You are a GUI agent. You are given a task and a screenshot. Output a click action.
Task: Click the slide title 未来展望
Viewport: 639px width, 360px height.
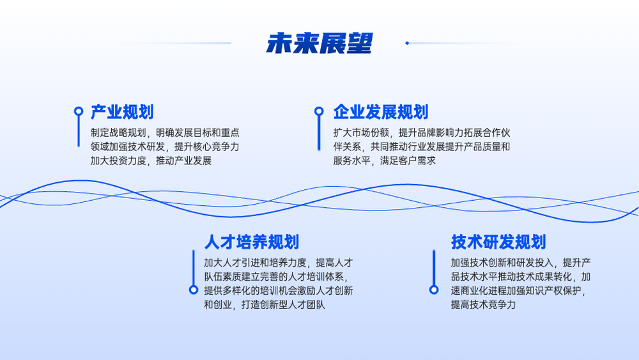tap(319, 43)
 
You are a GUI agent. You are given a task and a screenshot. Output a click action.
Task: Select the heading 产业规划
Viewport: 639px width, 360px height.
tap(122, 112)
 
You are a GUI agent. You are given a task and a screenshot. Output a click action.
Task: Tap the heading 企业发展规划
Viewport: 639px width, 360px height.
tap(381, 112)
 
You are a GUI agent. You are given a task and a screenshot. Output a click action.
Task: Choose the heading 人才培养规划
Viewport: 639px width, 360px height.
tap(251, 242)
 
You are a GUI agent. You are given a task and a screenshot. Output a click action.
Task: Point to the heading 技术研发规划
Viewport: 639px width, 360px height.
tap(498, 242)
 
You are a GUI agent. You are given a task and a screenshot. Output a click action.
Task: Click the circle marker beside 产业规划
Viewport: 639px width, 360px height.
tap(79, 111)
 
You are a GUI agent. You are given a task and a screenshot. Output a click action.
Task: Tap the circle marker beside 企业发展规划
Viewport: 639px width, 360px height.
tap(319, 111)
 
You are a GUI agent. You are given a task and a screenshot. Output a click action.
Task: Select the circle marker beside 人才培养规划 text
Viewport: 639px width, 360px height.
tap(194, 290)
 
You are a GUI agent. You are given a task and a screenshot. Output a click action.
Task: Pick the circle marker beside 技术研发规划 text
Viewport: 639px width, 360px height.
tap(434, 290)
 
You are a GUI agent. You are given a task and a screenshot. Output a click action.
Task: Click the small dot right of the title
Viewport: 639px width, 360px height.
tap(407, 43)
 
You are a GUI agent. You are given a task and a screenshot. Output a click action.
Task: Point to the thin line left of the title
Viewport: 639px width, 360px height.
tap(175, 43)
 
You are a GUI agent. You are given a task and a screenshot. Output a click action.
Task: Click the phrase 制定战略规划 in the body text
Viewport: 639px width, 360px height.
tap(118, 133)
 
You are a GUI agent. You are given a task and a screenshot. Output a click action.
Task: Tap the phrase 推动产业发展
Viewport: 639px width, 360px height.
tap(184, 160)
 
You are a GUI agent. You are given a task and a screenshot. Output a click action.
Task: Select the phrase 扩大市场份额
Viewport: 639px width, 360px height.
tap(361, 133)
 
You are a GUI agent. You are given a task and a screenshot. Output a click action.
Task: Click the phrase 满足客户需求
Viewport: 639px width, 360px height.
tap(408, 160)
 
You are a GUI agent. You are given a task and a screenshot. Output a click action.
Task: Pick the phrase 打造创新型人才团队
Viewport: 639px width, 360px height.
tap(283, 304)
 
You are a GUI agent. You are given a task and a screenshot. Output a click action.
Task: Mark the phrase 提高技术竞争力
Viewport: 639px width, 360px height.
tap(483, 304)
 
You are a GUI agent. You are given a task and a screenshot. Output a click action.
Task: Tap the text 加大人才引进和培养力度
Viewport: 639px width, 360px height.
tap(255, 263)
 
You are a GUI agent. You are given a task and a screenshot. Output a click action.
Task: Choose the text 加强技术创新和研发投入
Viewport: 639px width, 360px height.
tap(502, 263)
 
